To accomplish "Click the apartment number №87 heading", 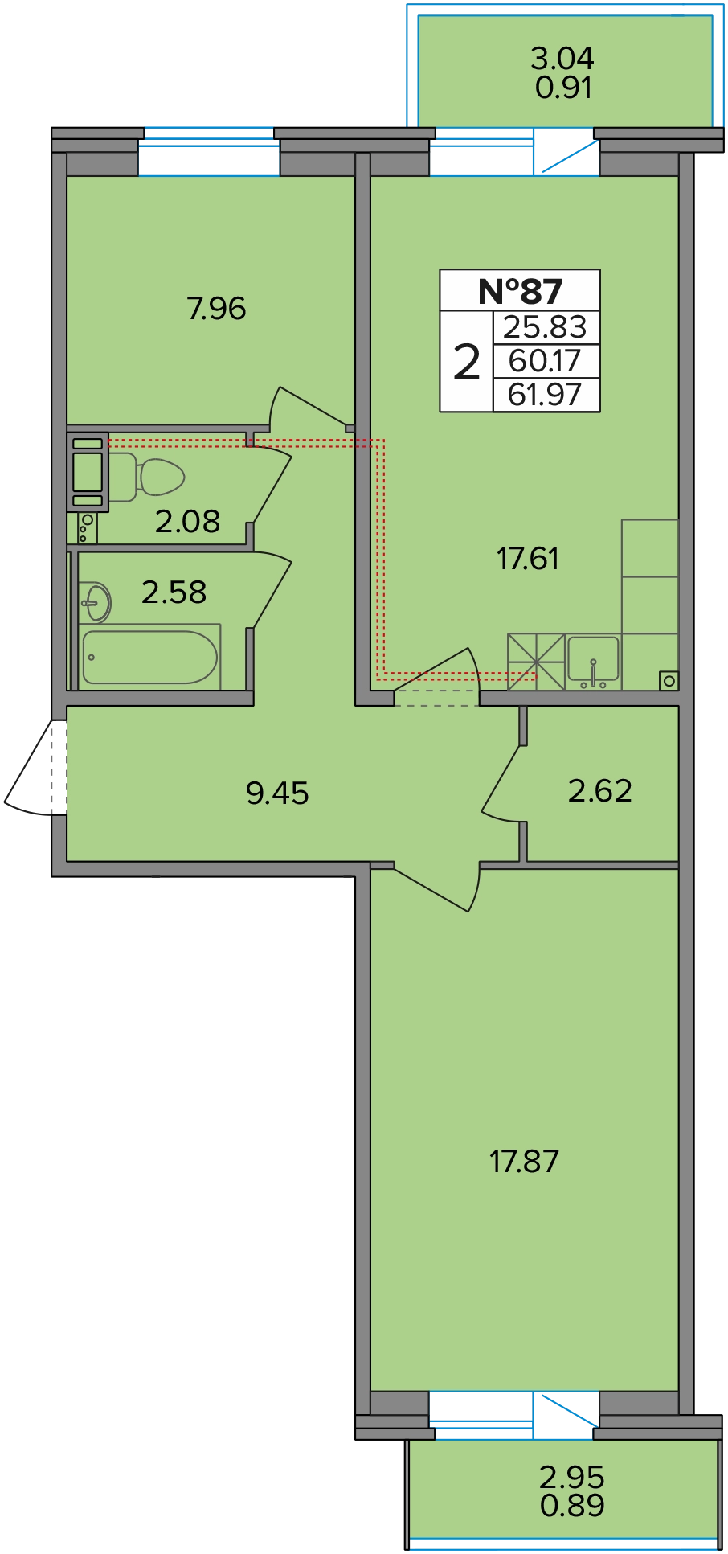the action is click(520, 291).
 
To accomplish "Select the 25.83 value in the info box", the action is click(545, 327).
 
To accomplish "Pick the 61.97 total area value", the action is click(545, 395).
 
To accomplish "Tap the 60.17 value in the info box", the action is click(545, 361).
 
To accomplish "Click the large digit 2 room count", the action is click(467, 362).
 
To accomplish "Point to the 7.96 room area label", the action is click(216, 309).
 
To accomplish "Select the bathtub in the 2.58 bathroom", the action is click(150, 658).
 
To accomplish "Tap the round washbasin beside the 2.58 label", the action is click(96, 602).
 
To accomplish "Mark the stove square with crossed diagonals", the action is click(535, 662).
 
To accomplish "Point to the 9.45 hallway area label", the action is click(277, 793).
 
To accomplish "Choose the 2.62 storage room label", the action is click(600, 791).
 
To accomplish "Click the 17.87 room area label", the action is click(524, 1162).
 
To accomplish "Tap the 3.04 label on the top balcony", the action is click(562, 58).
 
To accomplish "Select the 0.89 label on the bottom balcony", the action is click(572, 1505).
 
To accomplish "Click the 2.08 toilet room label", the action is click(187, 522).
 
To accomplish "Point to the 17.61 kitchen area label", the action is click(528, 559).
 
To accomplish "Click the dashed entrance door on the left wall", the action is click(35, 768).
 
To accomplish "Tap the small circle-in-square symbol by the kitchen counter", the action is click(669, 681).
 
